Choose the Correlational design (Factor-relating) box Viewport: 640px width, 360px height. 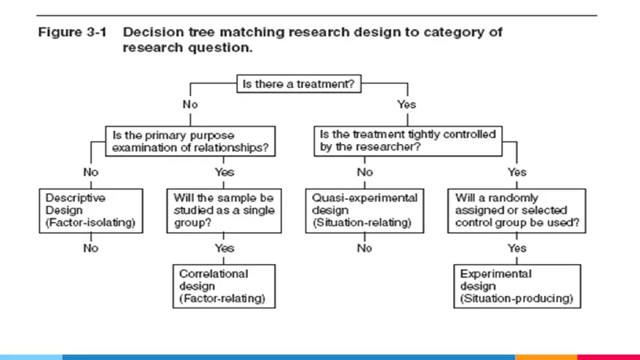[225, 286]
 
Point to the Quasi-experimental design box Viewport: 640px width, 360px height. [364, 210]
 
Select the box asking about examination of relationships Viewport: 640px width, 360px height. [192, 140]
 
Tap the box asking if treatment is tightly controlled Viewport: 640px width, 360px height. [408, 140]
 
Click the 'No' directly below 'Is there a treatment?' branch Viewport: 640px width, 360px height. [191, 105]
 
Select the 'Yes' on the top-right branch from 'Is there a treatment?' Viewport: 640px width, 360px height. [407, 105]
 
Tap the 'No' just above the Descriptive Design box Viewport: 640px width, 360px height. [91, 172]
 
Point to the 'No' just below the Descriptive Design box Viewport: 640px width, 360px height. [91, 248]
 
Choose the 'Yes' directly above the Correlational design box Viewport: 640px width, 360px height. [225, 248]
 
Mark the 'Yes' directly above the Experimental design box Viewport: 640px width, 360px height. [517, 248]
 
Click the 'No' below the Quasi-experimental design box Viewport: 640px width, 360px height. [364, 248]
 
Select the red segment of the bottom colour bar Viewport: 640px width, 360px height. [608, 357]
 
